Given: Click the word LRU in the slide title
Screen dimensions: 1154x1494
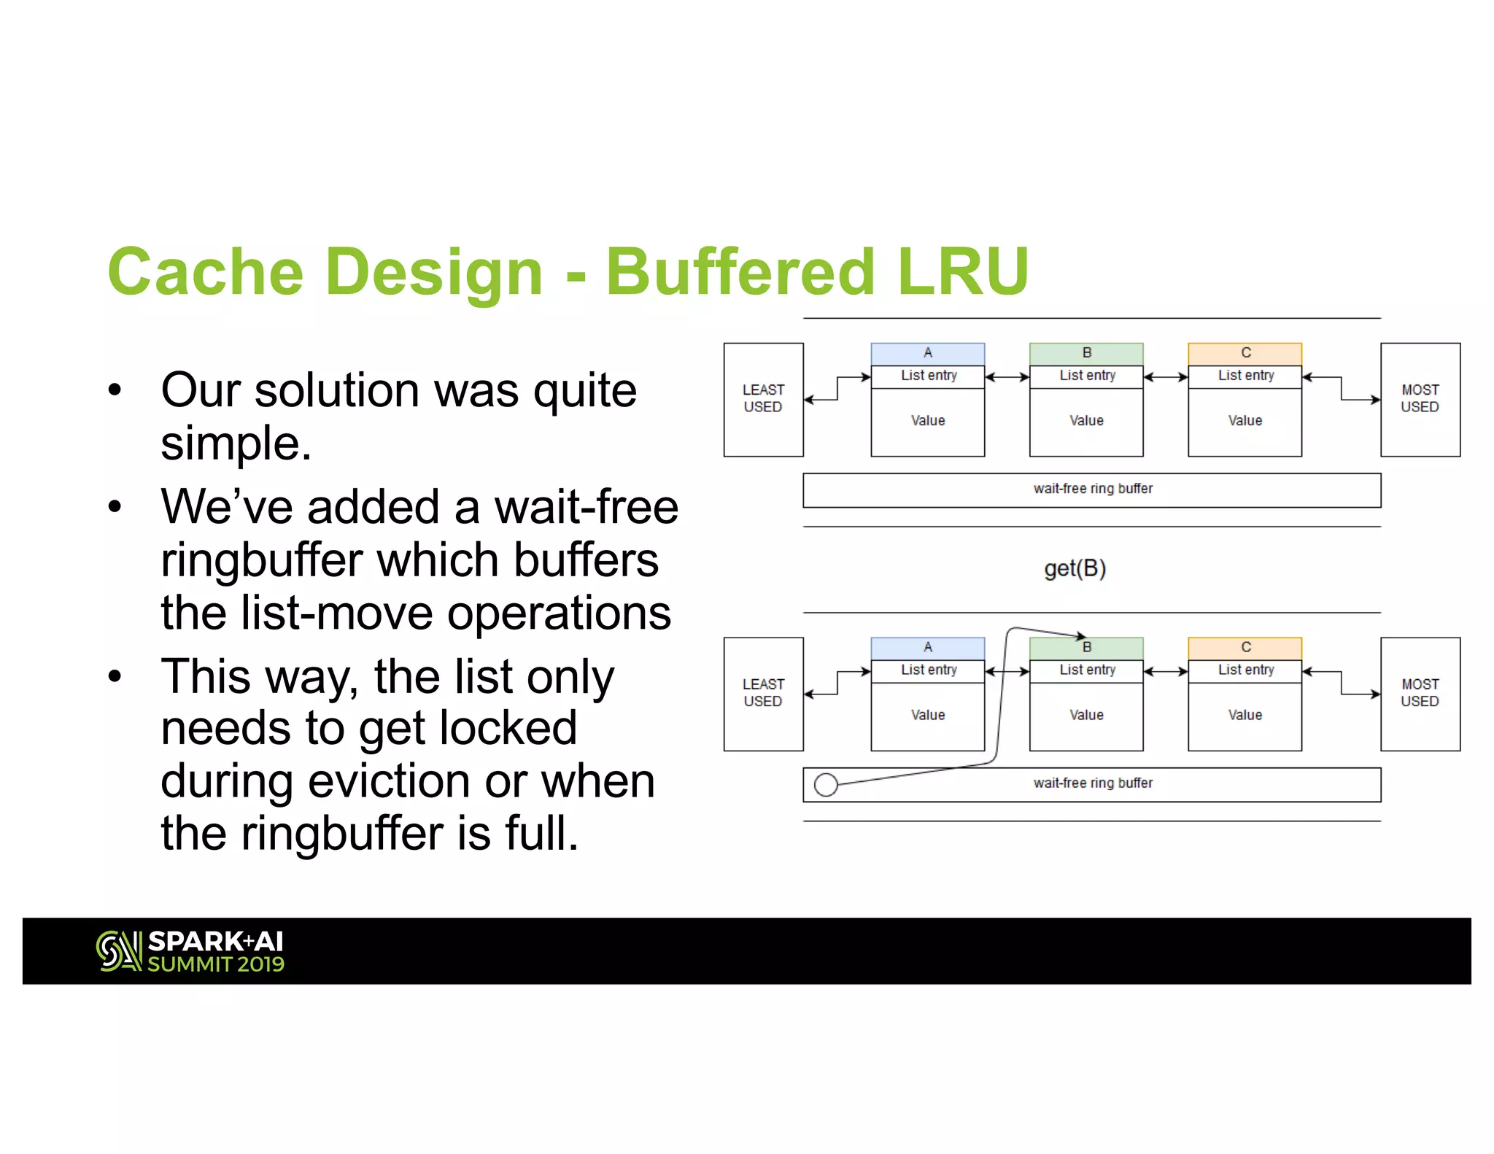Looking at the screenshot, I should (963, 271).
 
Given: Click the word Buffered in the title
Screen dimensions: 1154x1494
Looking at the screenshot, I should (740, 271).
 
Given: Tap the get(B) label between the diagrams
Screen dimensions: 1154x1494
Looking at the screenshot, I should (1075, 568).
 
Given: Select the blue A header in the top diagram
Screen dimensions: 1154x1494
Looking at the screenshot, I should (927, 354).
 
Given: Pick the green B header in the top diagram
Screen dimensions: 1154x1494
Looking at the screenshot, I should (1086, 354).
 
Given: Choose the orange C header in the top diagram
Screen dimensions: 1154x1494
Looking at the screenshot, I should (1245, 354).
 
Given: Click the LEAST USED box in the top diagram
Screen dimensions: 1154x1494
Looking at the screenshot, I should (763, 399).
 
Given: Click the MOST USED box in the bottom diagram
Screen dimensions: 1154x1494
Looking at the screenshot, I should (1420, 693).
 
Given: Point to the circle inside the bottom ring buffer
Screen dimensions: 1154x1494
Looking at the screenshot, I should (826, 785).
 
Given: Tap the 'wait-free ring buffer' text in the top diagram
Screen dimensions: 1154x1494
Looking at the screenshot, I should (1093, 489).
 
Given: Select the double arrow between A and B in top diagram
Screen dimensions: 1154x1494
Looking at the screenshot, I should (1007, 377).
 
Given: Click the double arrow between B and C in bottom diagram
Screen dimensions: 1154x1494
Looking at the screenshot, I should (1166, 672).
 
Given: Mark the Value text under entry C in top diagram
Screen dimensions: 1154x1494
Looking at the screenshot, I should (1245, 421).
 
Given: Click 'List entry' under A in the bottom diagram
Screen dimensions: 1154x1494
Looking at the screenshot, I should (928, 670).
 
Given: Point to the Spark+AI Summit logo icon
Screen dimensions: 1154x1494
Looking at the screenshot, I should (118, 951).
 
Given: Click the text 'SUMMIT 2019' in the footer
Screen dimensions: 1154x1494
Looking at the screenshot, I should (216, 964).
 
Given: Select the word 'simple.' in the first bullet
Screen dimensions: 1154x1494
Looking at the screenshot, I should (236, 443).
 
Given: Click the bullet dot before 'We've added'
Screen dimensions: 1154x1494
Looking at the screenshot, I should (115, 506).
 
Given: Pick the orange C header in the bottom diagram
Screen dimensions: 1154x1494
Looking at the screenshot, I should (1245, 648).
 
